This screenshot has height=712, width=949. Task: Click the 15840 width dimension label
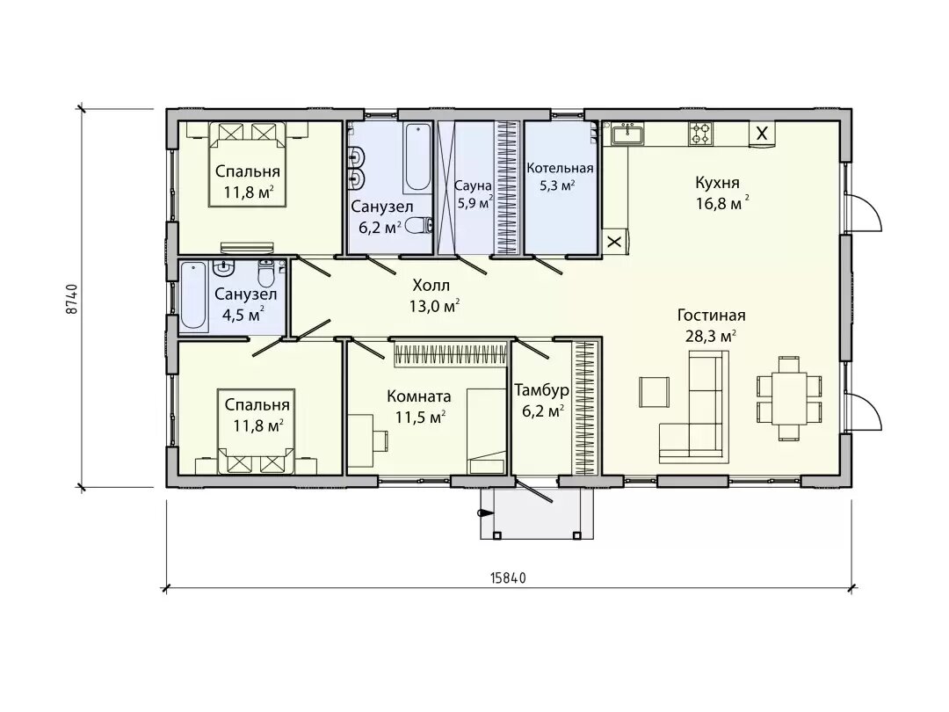[507, 578]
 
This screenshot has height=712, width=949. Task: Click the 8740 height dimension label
[72, 299]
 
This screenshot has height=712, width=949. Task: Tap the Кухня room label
[717, 182]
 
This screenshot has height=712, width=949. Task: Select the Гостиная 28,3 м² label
[711, 325]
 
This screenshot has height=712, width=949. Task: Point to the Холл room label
[431, 285]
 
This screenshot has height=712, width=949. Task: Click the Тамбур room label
[541, 390]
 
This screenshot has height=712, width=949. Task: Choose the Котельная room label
[560, 168]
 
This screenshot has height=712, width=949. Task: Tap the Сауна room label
[474, 185]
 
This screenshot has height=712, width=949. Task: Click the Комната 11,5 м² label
[419, 406]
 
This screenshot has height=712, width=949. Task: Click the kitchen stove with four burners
[700, 134]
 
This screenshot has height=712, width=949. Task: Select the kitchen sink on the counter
[627, 133]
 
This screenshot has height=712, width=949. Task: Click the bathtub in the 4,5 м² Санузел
[193, 295]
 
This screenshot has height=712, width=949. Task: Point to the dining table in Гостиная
[789, 398]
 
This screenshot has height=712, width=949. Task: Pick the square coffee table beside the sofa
[655, 392]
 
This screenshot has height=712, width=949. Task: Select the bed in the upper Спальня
[248, 163]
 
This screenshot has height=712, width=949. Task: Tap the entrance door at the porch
[533, 490]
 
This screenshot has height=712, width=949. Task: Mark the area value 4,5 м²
[243, 316]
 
